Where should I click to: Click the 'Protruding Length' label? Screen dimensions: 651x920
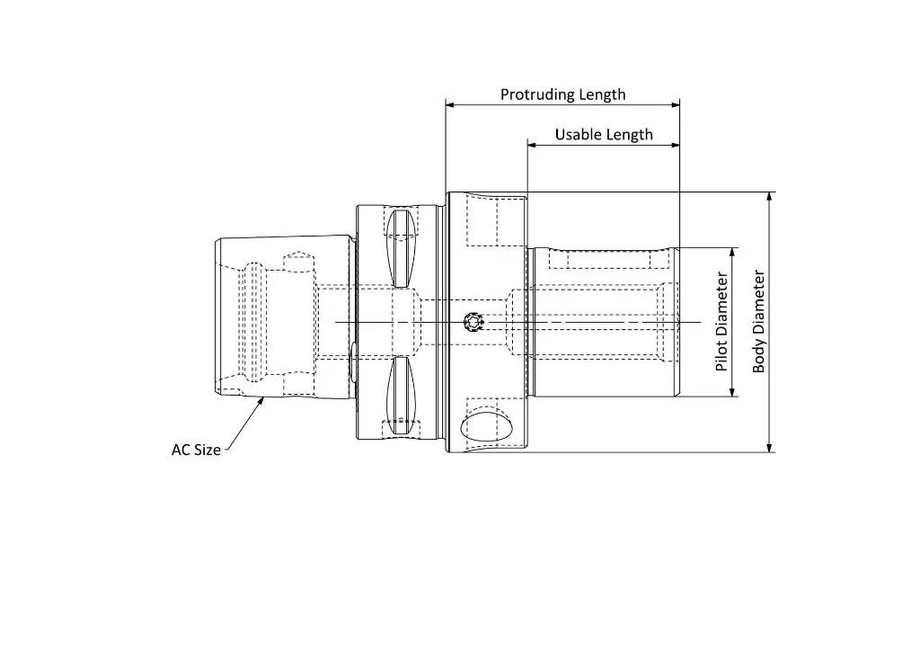point(562,94)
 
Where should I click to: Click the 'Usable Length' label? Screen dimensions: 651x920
point(604,135)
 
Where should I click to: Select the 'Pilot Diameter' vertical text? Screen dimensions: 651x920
point(721,322)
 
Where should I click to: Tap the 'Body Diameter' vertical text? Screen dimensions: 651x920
point(759,322)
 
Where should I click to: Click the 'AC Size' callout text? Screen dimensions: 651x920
point(196,450)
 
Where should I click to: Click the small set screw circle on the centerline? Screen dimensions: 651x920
point(472,322)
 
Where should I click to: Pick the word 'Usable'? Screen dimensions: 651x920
point(578,135)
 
